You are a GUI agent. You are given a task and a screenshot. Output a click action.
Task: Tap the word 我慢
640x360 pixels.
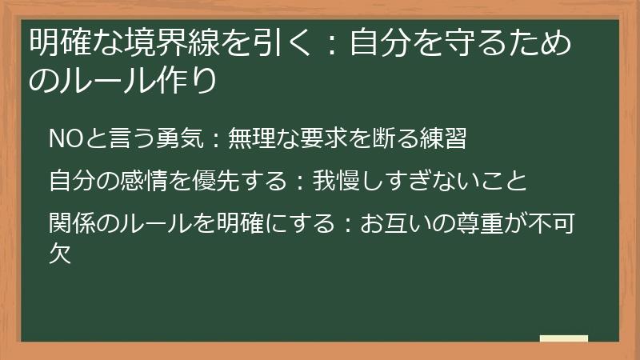[335, 181]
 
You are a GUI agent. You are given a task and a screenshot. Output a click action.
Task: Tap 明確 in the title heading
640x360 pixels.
[56, 41]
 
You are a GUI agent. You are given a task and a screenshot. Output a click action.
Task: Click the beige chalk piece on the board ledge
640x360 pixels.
[564, 339]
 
